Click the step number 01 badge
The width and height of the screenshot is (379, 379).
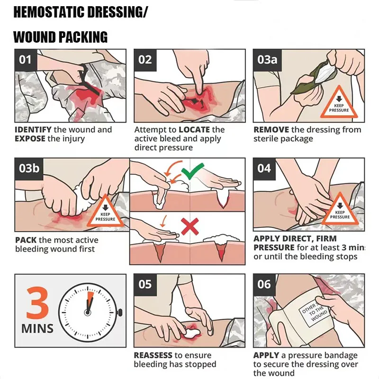26,60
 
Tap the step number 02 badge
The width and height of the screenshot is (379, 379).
145,60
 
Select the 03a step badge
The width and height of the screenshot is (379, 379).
268,60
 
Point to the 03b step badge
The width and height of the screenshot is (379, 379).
29,169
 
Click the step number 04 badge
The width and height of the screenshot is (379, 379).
264,169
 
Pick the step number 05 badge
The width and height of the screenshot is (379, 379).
145,285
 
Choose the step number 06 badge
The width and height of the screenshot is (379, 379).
264,285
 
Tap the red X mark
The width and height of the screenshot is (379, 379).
190,226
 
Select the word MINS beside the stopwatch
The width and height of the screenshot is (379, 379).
37,329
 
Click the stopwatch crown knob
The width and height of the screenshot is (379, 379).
120,313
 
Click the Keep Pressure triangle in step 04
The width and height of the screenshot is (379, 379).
340,209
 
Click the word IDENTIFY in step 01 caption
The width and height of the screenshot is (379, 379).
33,130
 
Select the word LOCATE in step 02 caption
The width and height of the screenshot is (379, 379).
194,130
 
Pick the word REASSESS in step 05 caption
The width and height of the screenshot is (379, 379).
153,355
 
